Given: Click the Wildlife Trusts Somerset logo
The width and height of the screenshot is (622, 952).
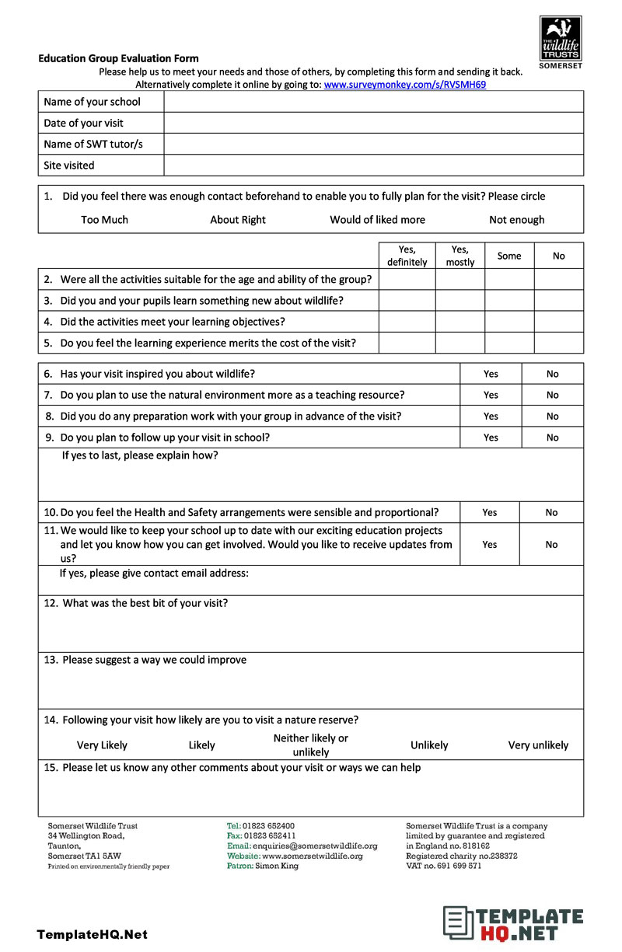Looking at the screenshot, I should pos(560,42).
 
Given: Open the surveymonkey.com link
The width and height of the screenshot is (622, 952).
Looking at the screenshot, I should pos(404,85).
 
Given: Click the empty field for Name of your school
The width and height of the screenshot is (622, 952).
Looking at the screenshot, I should pos(373,102).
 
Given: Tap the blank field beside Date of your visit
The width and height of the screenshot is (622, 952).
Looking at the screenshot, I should pos(373,123).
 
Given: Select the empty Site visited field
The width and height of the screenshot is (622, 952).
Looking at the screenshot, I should pos(373,166).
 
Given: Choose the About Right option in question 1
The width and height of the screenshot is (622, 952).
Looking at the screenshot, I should pos(237,220).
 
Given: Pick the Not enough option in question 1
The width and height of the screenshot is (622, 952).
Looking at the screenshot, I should pos(516,220).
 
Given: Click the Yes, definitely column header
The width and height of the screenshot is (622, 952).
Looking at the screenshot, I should pos(407,256).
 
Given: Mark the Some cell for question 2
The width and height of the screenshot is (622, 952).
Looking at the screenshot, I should pos(509,280).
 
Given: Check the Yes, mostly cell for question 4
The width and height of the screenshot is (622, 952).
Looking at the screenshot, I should pos(460,322).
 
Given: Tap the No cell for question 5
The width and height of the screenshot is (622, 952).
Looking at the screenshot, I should pos(558,343).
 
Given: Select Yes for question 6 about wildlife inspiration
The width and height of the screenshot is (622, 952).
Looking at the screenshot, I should pos(491,374).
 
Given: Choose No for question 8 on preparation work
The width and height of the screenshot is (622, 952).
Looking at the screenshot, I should pos(552,417).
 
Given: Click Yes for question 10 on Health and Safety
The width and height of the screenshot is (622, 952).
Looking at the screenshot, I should pos(489,513).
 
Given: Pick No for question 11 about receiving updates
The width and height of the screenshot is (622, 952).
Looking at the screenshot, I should pos(551,545).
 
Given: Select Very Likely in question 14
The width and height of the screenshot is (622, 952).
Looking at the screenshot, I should pos(102,745).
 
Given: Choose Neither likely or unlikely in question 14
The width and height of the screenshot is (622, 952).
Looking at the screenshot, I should pos(310,745).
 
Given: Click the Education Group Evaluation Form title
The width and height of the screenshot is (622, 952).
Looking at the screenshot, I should pos(118,58).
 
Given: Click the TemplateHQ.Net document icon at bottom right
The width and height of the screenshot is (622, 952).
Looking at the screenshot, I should pos(458,922).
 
